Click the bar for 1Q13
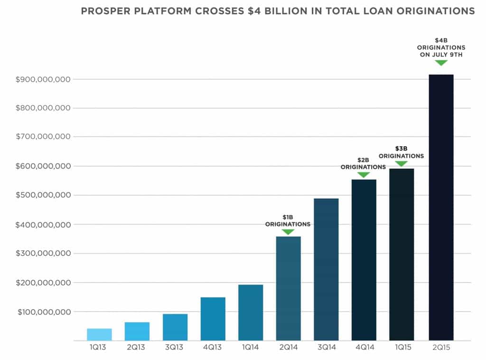(99, 334)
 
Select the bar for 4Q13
(213, 319)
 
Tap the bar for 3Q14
(326, 269)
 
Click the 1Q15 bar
(402, 255)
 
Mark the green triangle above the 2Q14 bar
(288, 232)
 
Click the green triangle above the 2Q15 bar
(441, 63)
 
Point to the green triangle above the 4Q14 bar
(364, 174)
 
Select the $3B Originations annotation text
(402, 152)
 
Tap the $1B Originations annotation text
(288, 220)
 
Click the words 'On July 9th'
(441, 55)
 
